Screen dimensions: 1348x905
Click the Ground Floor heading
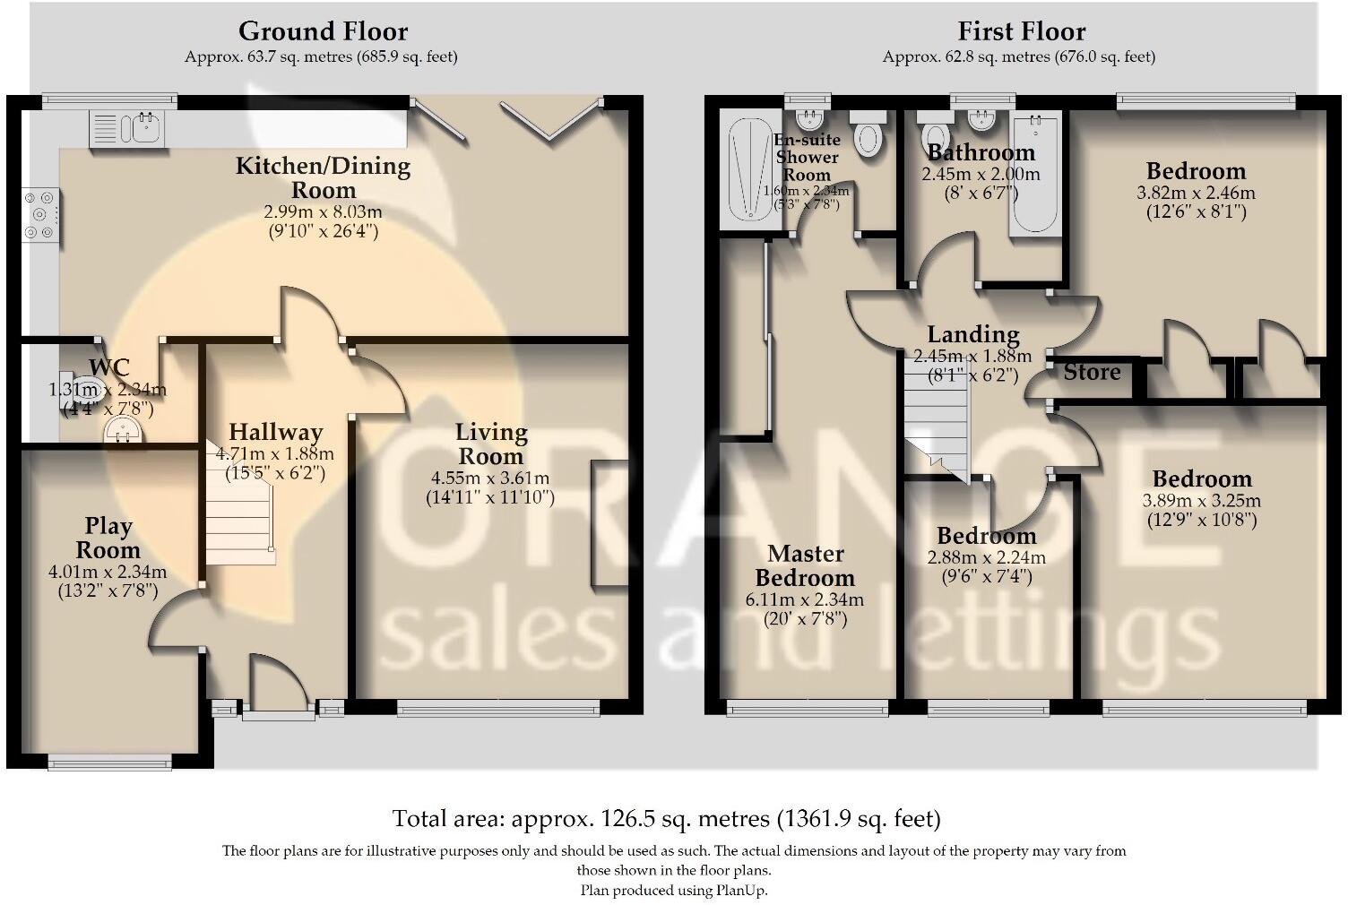(x=324, y=31)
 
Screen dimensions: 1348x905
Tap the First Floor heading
(x=1022, y=31)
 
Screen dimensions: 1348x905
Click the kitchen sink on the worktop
(x=126, y=129)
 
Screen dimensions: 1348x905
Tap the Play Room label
(x=108, y=538)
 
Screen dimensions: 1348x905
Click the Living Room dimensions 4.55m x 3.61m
(x=490, y=478)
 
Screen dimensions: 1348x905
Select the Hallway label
(x=276, y=432)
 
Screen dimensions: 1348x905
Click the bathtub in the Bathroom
(x=1035, y=174)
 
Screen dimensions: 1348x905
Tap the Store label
(x=1093, y=373)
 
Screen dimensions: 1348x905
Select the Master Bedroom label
(x=805, y=565)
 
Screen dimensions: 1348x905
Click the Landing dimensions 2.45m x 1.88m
(x=973, y=357)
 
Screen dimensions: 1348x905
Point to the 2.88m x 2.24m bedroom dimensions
(x=987, y=557)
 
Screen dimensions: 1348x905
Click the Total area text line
(x=666, y=819)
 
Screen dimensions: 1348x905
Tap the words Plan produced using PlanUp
(x=674, y=890)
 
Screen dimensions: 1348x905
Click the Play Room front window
(x=109, y=763)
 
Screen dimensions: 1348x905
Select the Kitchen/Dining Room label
(x=324, y=178)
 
